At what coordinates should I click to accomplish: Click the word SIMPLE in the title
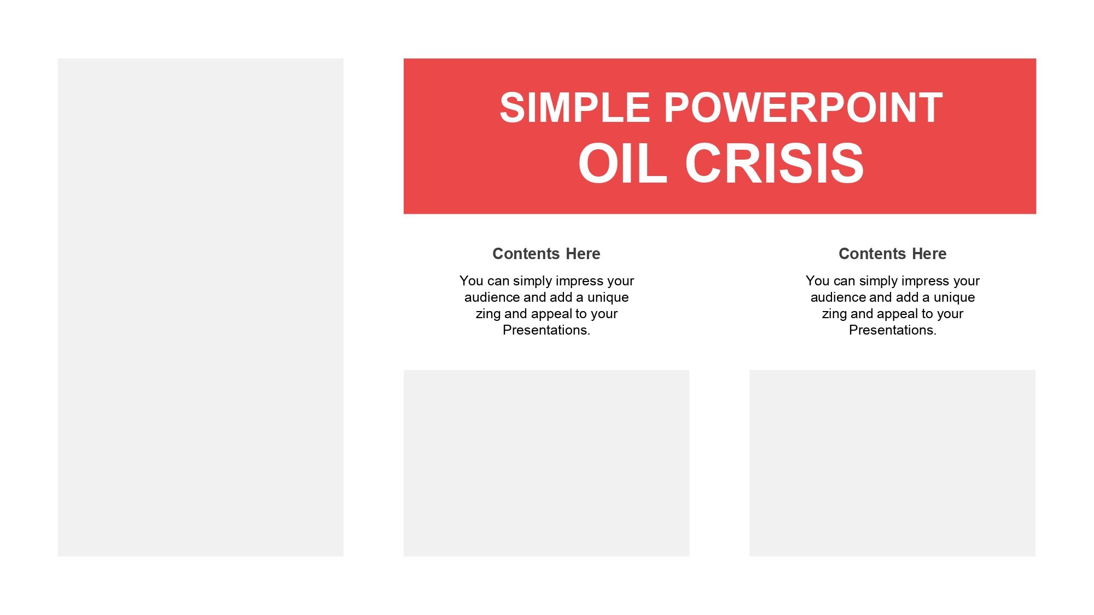coord(574,108)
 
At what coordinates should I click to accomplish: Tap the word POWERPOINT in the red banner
coord(804,108)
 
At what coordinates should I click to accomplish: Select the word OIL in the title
coord(622,163)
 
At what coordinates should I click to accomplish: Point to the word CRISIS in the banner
coord(775,163)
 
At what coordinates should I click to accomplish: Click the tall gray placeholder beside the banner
coord(200,307)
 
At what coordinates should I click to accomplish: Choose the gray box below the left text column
coord(546,463)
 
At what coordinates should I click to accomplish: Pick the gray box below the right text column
coord(892,463)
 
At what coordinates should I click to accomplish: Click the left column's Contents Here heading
coord(546,254)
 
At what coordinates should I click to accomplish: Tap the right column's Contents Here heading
coord(893,254)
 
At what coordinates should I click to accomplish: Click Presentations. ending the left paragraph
coord(546,330)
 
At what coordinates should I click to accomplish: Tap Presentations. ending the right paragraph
coord(893,330)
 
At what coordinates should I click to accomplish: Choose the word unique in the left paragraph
coord(608,298)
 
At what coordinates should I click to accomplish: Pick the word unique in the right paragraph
coord(955,298)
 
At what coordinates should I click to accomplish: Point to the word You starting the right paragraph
coord(818,281)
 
